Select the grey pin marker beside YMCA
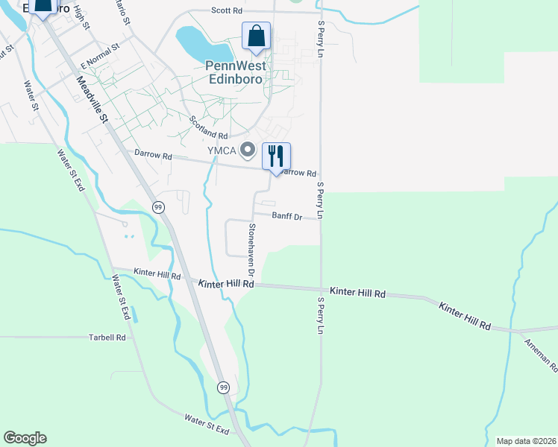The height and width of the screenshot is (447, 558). coord(248,151)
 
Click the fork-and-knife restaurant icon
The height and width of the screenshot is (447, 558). coord(276,156)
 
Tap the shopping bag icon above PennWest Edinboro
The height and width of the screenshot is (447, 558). coord(256,36)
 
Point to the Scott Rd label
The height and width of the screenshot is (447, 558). coord(227,11)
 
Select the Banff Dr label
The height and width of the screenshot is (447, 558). coord(286,217)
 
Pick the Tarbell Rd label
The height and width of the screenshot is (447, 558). coord(108,337)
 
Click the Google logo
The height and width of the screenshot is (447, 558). coord(25,438)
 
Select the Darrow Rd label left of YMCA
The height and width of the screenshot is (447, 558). coord(153,156)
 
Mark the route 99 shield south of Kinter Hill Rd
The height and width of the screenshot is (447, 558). coord(224,387)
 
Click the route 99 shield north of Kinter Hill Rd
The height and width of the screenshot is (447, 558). coord(158,207)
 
